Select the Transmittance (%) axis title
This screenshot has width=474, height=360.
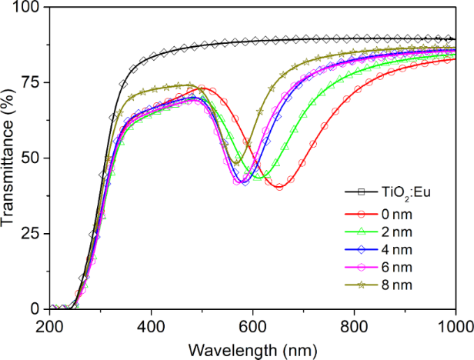(10, 158)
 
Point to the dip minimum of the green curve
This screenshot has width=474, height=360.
(261, 178)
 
